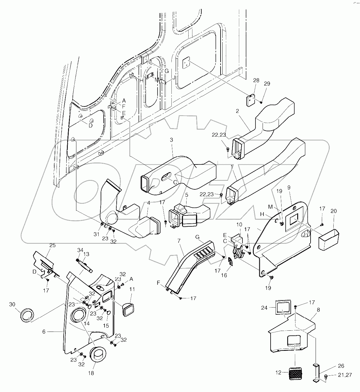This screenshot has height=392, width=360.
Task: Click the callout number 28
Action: pos(256,80)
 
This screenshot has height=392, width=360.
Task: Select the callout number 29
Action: pos(267,84)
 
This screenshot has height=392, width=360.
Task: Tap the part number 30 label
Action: pos(12,305)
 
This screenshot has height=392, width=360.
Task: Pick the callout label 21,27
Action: pos(345,375)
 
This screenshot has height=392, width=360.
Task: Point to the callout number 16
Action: pos(224,275)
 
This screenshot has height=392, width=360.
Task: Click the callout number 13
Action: pos(86,254)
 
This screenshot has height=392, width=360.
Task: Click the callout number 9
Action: pos(289,196)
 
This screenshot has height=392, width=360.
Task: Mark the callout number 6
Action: pos(44,332)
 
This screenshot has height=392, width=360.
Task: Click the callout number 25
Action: pos(52,245)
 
